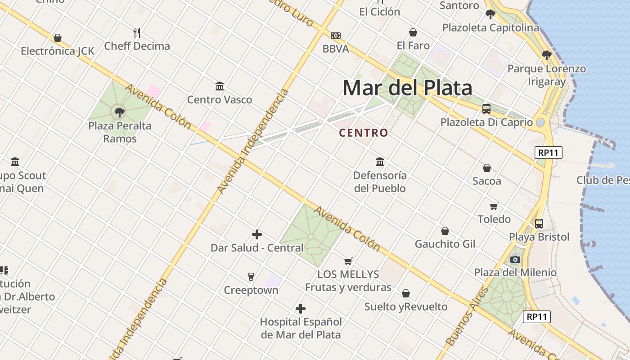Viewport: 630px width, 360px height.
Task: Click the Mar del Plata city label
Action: click(407, 88)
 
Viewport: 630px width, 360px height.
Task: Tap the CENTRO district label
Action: click(363, 133)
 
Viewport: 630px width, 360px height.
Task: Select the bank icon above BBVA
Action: click(336, 36)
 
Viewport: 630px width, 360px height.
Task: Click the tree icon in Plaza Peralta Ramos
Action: click(119, 112)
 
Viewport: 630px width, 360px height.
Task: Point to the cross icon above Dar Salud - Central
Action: click(257, 234)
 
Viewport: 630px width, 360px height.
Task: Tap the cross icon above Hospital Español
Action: click(301, 309)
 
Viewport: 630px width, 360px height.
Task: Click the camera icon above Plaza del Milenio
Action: click(515, 259)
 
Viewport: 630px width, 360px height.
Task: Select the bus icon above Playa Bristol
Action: click(539, 223)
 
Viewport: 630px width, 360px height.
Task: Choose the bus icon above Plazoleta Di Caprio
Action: click(486, 108)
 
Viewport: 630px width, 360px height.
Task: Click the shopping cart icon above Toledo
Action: click(494, 206)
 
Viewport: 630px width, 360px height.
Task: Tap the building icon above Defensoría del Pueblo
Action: click(380, 162)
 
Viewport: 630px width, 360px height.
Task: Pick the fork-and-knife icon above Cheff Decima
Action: click(137, 32)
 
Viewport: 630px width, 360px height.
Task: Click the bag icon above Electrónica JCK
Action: click(58, 38)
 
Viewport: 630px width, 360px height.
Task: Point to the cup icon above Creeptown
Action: click(251, 276)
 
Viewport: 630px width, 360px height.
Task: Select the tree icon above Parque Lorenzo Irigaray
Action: click(546, 55)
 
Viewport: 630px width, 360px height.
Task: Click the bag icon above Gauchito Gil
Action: click(445, 231)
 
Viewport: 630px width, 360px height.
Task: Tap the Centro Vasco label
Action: click(220, 99)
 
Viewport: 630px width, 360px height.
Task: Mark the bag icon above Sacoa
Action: click(486, 168)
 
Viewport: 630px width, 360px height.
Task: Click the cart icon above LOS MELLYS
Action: click(348, 261)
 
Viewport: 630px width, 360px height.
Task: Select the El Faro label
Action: click(413, 45)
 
